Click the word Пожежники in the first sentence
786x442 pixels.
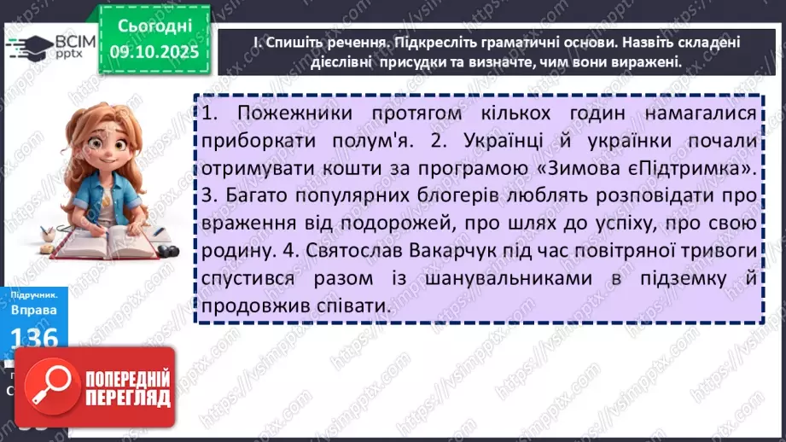pyautogui.click(x=288, y=114)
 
